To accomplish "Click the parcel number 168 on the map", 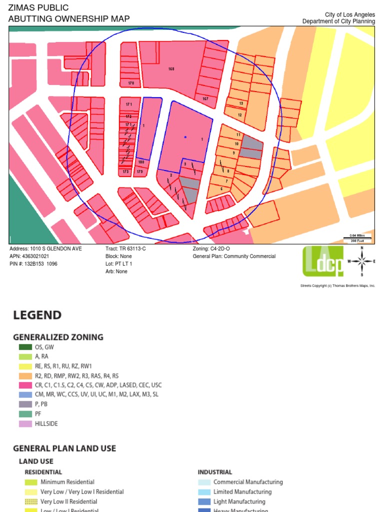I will pyautogui.click(x=171, y=68).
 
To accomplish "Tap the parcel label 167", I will pyautogui.click(x=205, y=99).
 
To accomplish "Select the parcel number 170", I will pyautogui.click(x=131, y=83).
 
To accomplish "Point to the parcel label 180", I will pyautogui.click(x=141, y=162).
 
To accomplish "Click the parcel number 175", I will pyautogui.click(x=140, y=171).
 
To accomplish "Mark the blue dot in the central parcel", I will pyautogui.click(x=185, y=137).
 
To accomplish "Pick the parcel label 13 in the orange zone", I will pyautogui.click(x=241, y=103).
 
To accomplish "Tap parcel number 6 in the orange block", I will pyautogui.click(x=221, y=188).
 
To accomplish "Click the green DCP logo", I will pyautogui.click(x=323, y=260).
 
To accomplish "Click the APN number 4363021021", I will pyautogui.click(x=36, y=256).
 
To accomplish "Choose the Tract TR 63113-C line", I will pyautogui.click(x=125, y=248).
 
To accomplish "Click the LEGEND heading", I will pyautogui.click(x=37, y=315).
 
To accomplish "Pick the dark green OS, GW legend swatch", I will pyautogui.click(x=25, y=347).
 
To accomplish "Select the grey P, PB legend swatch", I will pyautogui.click(x=25, y=404).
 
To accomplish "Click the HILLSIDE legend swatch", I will pyautogui.click(x=25, y=423).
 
